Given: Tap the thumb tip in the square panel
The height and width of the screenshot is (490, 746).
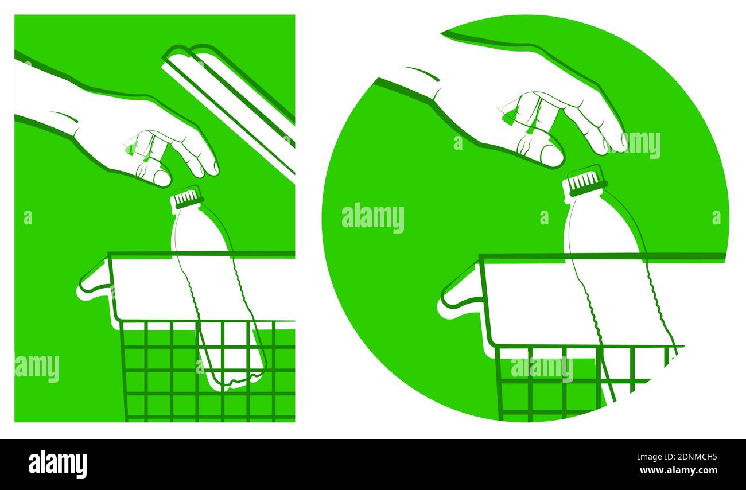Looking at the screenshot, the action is pos(162,178).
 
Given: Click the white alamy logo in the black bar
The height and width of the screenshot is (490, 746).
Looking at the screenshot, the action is pos(57,464).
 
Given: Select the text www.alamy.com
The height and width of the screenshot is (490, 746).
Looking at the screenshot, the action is pos(678,470).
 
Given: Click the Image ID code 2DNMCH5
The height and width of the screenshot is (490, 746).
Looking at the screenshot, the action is pos(700,457).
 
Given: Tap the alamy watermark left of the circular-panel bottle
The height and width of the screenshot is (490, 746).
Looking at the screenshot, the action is pos(373,218).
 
